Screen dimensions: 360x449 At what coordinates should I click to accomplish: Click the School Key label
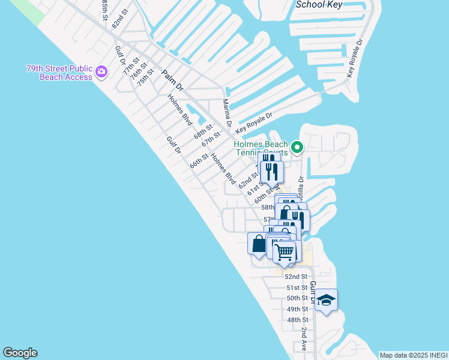click(x=318, y=4)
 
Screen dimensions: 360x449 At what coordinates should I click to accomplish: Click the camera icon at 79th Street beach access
click(x=101, y=72)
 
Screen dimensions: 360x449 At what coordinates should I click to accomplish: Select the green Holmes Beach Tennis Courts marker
click(x=297, y=146)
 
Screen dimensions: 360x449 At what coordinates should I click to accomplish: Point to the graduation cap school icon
click(x=326, y=299)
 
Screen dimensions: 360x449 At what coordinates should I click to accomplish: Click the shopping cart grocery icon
click(x=285, y=251)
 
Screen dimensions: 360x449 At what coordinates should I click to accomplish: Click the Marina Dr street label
click(x=228, y=113)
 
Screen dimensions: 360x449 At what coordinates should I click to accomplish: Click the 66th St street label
click(x=199, y=161)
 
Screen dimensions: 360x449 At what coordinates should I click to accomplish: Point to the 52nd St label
click(x=296, y=277)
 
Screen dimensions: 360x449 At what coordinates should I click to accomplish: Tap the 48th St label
click(x=297, y=320)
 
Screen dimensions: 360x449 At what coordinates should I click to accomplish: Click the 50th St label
click(x=297, y=298)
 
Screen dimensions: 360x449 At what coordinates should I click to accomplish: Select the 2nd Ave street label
click(x=304, y=340)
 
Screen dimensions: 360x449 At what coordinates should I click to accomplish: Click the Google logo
click(x=20, y=353)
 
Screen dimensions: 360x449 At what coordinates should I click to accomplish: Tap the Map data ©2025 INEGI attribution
click(x=413, y=355)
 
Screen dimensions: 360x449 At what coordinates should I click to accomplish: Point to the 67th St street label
click(x=211, y=139)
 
